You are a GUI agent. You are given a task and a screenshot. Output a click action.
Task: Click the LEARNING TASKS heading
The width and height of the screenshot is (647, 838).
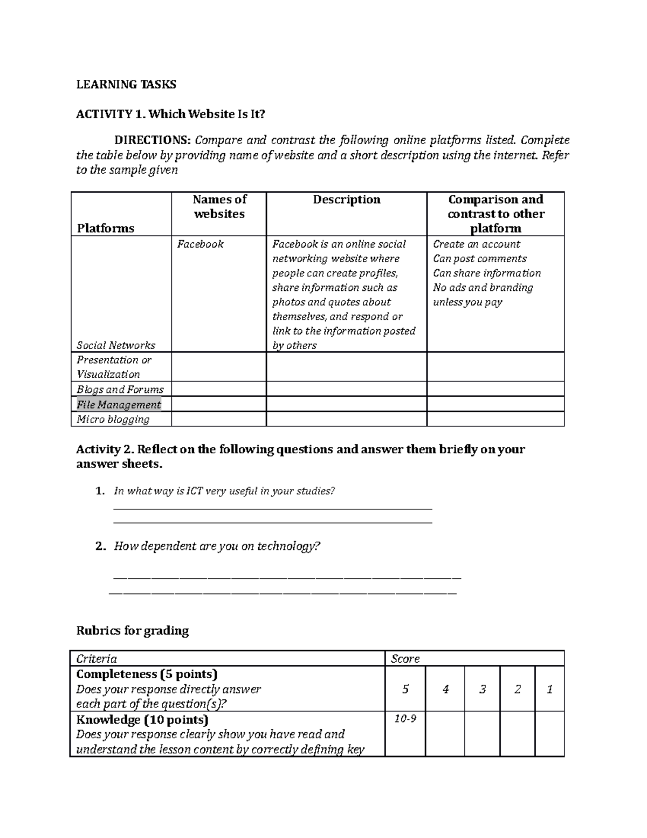[126, 84]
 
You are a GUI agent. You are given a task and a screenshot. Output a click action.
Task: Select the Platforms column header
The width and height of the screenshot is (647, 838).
[105, 228]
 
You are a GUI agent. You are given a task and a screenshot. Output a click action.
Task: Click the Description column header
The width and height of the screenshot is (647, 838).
[347, 200]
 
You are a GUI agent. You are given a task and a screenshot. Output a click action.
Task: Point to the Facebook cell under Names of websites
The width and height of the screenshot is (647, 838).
[200, 244]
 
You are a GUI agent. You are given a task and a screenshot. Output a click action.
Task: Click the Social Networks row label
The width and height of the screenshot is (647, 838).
[115, 345]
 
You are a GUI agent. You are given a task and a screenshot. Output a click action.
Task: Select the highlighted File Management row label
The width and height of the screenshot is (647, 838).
[119, 404]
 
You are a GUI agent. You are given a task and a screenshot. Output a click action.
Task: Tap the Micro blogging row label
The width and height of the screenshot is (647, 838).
[113, 419]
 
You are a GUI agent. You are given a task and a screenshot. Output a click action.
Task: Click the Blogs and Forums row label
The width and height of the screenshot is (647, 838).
[120, 389]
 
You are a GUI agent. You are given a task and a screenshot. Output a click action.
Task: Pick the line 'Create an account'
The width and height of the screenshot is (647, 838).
[476, 244]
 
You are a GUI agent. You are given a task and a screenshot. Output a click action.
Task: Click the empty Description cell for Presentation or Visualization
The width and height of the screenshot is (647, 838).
[346, 367]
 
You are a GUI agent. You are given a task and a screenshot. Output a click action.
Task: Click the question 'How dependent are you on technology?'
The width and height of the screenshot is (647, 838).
[217, 546]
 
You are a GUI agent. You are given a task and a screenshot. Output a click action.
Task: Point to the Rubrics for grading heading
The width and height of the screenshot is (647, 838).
[132, 630]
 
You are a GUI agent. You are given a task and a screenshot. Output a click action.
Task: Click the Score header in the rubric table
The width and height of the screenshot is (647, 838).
[405, 658]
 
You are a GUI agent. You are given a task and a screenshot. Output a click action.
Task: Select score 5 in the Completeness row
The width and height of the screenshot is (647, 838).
[405, 689]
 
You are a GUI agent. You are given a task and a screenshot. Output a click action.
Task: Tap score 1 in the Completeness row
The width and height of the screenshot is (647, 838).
[549, 689]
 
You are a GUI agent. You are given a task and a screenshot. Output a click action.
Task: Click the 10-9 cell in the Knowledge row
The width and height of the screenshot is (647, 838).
[405, 719]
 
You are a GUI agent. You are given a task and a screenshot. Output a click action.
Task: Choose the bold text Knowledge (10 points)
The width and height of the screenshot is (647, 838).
[142, 719]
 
